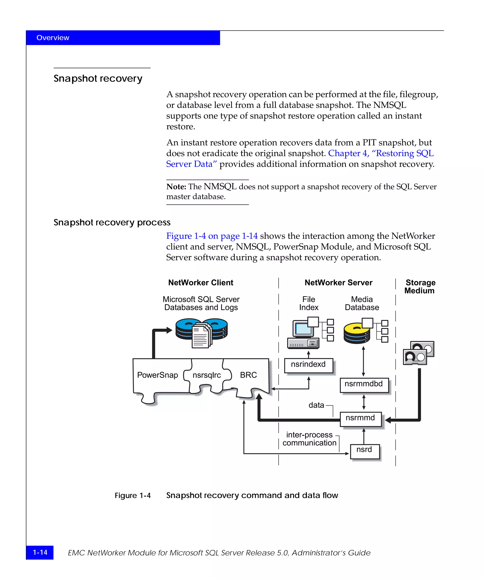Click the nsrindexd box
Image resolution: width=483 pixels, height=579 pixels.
point(308,365)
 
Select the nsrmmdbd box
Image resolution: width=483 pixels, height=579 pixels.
point(364,385)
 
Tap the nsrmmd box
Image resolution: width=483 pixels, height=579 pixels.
point(360,419)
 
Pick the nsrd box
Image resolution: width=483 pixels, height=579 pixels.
point(364,451)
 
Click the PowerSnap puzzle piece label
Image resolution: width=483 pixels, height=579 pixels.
point(157,375)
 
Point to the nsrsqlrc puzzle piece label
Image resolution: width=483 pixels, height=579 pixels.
point(207,375)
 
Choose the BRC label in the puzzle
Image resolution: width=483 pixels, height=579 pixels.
point(248,375)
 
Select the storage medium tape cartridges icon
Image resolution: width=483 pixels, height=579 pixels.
point(418,353)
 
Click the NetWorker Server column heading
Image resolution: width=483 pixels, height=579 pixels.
point(338,283)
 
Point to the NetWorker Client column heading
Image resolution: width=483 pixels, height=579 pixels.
point(201,283)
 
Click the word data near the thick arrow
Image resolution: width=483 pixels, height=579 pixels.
point(316,405)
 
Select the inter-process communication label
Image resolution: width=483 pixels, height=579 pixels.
point(309,439)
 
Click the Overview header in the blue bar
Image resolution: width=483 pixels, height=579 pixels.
point(53,38)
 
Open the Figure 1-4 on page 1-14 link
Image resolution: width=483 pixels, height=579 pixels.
point(212,236)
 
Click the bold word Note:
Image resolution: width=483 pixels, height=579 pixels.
point(176,187)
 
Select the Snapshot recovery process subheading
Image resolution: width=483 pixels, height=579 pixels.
point(112,222)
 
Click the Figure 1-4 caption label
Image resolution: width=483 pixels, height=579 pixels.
point(133,495)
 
